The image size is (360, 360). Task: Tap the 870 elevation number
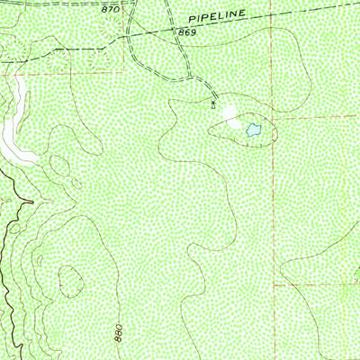(110, 9)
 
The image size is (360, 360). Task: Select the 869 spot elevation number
(186, 32)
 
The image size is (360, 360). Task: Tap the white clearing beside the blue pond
(232, 115)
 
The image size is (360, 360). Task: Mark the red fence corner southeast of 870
(123, 70)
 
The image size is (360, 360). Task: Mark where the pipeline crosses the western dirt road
(129, 35)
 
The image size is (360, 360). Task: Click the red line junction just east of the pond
(274, 118)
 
